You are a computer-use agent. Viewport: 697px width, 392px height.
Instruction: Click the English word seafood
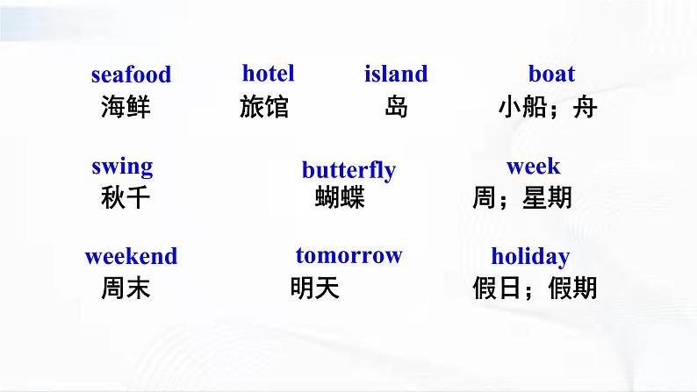[x=131, y=75]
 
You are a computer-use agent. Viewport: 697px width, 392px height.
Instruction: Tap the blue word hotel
[x=268, y=74]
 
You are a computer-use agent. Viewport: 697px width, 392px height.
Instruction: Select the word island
[x=396, y=74]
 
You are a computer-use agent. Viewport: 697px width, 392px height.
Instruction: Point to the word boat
[x=551, y=74]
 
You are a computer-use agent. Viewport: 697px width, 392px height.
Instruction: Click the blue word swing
[x=122, y=167]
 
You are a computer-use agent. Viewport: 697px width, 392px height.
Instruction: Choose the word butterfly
[x=349, y=170]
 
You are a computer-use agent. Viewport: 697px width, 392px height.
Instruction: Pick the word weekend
[x=131, y=257]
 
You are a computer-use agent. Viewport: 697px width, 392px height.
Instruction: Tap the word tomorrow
[x=349, y=256]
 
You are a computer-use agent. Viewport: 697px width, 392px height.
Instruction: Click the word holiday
[x=530, y=257]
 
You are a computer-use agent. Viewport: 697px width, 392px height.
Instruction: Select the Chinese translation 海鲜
[x=126, y=107]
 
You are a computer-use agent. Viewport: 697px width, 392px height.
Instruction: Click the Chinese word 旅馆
[x=264, y=107]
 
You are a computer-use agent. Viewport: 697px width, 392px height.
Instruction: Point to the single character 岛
[x=396, y=107]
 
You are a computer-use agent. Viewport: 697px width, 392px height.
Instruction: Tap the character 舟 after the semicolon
[x=585, y=107]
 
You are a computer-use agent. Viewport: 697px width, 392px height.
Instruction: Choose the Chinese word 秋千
[x=126, y=197]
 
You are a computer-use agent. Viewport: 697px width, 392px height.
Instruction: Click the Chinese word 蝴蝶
[x=340, y=197]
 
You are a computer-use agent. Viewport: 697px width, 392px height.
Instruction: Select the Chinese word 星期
[x=547, y=197]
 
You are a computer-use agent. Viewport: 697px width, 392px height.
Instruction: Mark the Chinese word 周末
[x=126, y=288]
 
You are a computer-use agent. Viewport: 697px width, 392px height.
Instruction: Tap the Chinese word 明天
[x=315, y=288]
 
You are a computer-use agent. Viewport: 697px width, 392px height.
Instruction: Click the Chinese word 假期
[x=572, y=288]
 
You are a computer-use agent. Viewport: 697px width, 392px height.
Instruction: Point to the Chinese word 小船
[x=523, y=107]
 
